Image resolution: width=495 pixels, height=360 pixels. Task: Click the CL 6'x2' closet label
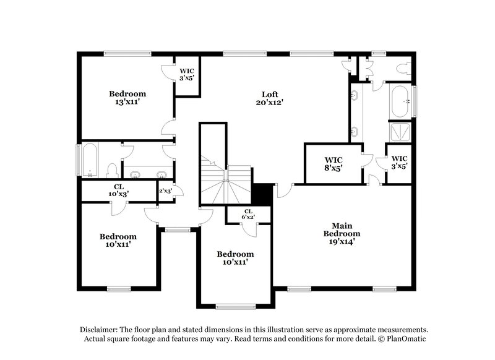(x=248, y=214)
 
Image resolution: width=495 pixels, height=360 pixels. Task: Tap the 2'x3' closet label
(x=165, y=191)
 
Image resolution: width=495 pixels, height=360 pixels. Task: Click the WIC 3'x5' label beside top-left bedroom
(x=186, y=75)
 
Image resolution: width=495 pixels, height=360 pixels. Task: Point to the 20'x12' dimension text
(x=270, y=102)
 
